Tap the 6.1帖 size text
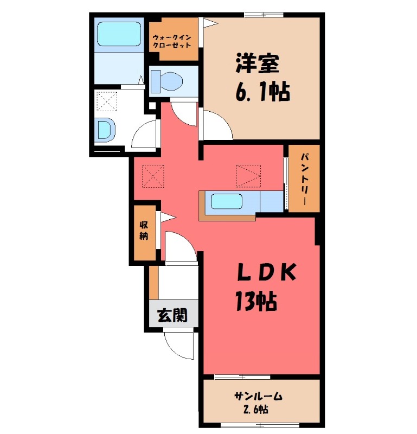[262, 92]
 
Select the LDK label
[267, 273]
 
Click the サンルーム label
[258, 397]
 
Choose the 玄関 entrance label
[172, 315]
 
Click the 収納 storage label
[144, 230]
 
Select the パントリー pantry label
[304, 179]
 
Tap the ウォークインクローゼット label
[172, 41]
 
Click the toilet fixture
[167, 81]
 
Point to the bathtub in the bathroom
[119, 34]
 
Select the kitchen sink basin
[227, 201]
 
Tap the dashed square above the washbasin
[107, 101]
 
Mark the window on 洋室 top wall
[264, 15]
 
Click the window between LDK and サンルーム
[242, 376]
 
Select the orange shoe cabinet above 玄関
[154, 283]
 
